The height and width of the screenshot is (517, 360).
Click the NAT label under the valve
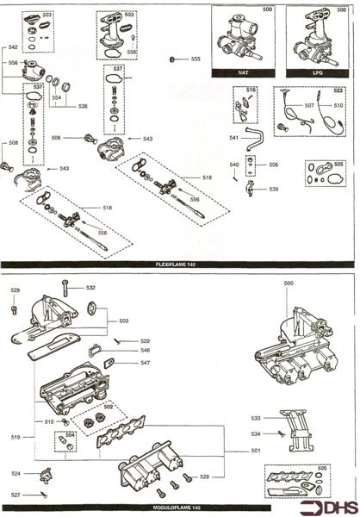244,74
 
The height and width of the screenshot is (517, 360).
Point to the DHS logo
332,504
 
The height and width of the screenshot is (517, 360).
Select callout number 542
13,47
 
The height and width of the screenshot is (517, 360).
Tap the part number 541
210,138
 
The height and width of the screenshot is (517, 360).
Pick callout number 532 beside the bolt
90,287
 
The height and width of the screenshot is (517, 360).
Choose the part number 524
16,473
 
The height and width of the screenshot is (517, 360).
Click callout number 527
16,495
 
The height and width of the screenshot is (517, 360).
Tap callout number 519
15,438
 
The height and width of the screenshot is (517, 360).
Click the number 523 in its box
338,90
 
